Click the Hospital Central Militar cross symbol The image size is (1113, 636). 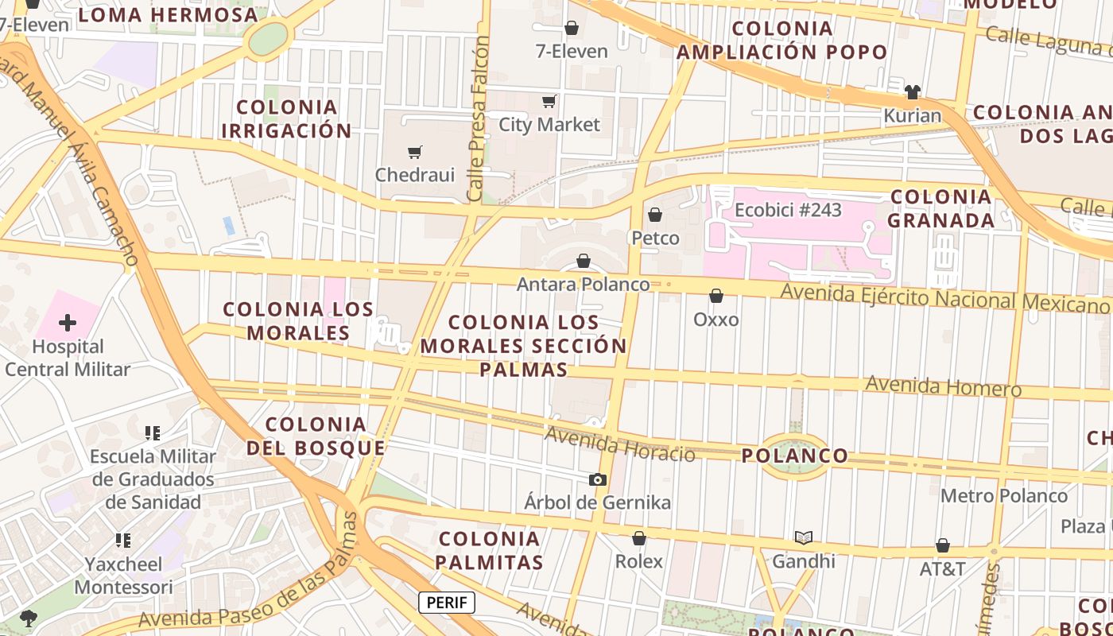point(68,323)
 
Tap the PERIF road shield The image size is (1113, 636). point(447,603)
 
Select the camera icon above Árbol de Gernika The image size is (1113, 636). point(598,479)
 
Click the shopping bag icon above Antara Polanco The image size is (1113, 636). point(584,261)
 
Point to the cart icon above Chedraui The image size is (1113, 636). point(414,152)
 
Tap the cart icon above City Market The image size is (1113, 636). point(549,101)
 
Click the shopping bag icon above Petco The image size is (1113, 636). point(655,215)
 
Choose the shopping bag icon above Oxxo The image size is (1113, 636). point(716,296)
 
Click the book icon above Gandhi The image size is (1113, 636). point(804,538)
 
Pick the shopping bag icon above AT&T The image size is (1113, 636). point(943,545)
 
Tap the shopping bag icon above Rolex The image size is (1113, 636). point(639,538)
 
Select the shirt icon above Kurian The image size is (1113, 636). point(913,92)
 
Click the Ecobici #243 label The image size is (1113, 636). point(788,211)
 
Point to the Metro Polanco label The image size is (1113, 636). point(1004,496)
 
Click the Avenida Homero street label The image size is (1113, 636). point(943,386)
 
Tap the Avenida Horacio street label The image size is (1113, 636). point(620,444)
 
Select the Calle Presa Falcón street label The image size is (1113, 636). point(478,119)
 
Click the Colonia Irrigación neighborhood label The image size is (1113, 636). point(286,119)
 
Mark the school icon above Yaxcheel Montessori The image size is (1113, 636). point(123,541)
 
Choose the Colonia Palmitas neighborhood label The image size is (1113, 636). point(490,551)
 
